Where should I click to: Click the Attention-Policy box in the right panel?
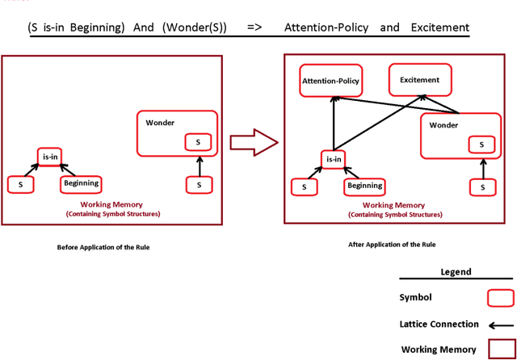330,80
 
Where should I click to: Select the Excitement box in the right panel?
420,79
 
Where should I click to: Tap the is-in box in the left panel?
50,156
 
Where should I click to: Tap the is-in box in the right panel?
334,159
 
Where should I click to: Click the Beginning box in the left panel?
81,184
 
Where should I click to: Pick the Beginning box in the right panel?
364,186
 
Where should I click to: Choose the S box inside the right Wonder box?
481,144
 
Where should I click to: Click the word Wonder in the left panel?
160,123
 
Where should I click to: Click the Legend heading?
456,272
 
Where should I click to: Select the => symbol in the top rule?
254,27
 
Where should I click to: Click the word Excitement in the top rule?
439,27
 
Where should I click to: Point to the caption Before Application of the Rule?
103,247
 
